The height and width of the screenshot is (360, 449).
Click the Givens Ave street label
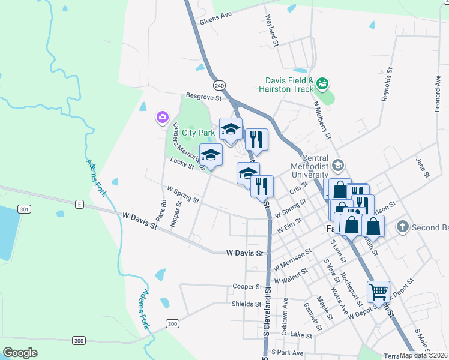coord(215,16)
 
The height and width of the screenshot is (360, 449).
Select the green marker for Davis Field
coord(322,83)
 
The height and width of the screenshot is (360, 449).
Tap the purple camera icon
coord(162,118)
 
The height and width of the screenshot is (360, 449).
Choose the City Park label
coord(198,132)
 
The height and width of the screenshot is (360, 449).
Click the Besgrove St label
coord(204,96)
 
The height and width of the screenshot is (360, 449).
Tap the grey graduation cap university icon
coord(338,164)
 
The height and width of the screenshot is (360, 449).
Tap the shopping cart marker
coord(378,292)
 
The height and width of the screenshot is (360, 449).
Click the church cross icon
coord(402,227)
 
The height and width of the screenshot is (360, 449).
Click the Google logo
coord(20,352)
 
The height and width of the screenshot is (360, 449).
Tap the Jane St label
coord(423,169)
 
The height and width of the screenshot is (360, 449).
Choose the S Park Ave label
coord(287,353)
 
